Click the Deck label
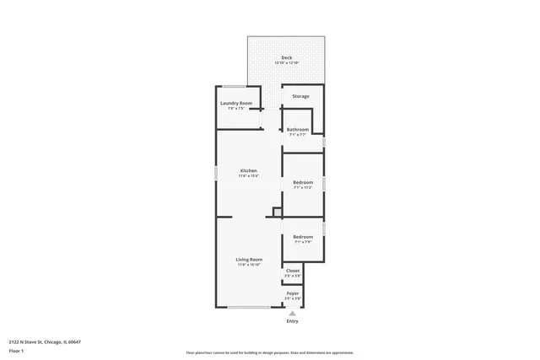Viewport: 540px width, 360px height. pyautogui.click(x=286, y=58)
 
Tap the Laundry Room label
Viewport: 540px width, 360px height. pyautogui.click(x=236, y=103)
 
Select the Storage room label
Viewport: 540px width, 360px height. pyautogui.click(x=301, y=96)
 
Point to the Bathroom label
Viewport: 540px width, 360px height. pyautogui.click(x=298, y=129)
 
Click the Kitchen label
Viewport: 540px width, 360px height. pyautogui.click(x=248, y=170)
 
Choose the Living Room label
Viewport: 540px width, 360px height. pyautogui.click(x=248, y=259)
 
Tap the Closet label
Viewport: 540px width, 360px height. pyautogui.click(x=293, y=271)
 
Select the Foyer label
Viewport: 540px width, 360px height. pyautogui.click(x=293, y=293)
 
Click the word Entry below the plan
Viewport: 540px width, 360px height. pyautogui.click(x=293, y=321)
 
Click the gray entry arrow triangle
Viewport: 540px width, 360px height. pyautogui.click(x=293, y=313)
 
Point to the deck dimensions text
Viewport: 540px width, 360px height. pyautogui.click(x=286, y=64)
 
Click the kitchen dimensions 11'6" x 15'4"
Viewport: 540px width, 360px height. pyautogui.click(x=248, y=176)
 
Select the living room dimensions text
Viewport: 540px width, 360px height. pyautogui.click(x=248, y=265)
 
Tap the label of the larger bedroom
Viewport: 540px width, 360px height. pyautogui.click(x=303, y=182)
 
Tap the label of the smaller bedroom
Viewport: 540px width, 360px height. pyautogui.click(x=303, y=236)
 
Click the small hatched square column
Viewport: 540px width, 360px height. pyautogui.click(x=276, y=212)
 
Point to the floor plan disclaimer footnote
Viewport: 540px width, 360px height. pyautogui.click(x=269, y=353)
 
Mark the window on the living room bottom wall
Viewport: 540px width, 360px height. pyautogui.click(x=249, y=307)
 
